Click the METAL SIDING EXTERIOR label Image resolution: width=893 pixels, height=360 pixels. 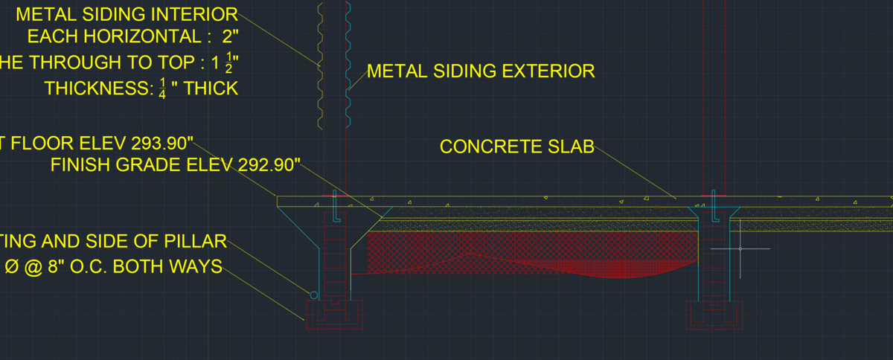pyautogui.click(x=481, y=71)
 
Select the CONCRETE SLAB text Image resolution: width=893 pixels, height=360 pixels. pyautogui.click(x=516, y=147)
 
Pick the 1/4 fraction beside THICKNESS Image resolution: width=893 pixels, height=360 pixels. pyautogui.click(x=161, y=89)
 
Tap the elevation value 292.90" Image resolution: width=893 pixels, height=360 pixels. pyautogui.click(x=261, y=165)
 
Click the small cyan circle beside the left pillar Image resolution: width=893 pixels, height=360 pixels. pyautogui.click(x=314, y=295)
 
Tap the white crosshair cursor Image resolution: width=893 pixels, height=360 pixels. pyautogui.click(x=740, y=248)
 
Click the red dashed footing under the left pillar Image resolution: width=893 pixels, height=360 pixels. pyautogui.click(x=334, y=315)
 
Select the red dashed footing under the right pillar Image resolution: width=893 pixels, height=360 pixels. pyautogui.click(x=714, y=316)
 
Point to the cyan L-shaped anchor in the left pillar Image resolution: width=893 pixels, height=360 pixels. pyautogui.click(x=336, y=208)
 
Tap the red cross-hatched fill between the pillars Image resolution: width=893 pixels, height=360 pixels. pyautogui.click(x=521, y=249)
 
